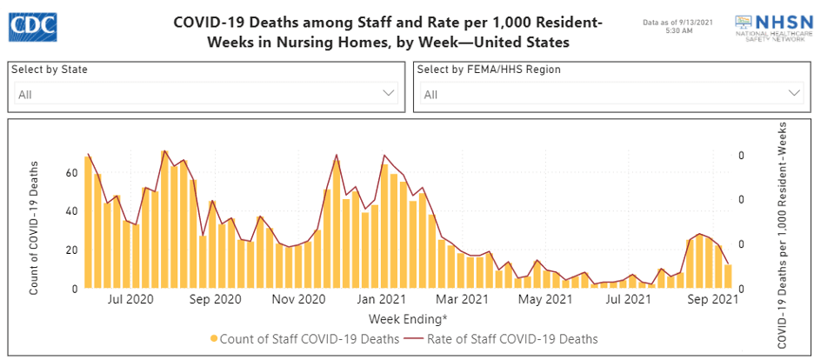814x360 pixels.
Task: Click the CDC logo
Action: click(x=32, y=26)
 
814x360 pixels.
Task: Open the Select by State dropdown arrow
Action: click(x=389, y=93)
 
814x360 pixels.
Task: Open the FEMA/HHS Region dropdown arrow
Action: click(x=794, y=93)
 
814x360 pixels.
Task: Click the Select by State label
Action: click(x=50, y=70)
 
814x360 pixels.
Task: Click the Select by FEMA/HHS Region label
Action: click(x=489, y=70)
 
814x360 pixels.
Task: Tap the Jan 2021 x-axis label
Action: click(x=383, y=300)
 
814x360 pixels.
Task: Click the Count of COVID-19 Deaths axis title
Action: click(x=35, y=227)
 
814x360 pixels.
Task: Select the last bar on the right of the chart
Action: click(x=729, y=276)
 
